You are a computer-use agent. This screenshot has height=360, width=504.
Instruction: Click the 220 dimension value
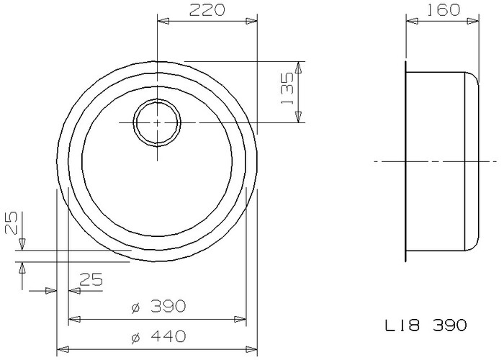pos(207,10)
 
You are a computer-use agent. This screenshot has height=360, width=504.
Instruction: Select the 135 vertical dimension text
pos(287,88)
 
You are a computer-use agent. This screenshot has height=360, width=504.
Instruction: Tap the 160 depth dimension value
pos(444,10)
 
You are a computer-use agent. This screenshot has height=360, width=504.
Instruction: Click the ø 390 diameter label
pos(159,306)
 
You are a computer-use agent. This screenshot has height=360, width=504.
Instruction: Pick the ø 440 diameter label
pos(159,336)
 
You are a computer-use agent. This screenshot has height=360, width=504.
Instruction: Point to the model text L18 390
pos(426,325)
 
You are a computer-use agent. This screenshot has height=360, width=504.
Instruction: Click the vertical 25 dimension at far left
pos(12,222)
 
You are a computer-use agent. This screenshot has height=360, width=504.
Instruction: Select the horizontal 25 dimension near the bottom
pos(91,279)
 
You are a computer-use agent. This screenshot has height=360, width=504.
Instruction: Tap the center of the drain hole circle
pos(157,122)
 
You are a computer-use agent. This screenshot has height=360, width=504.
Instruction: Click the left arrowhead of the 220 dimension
pos(163,21)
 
